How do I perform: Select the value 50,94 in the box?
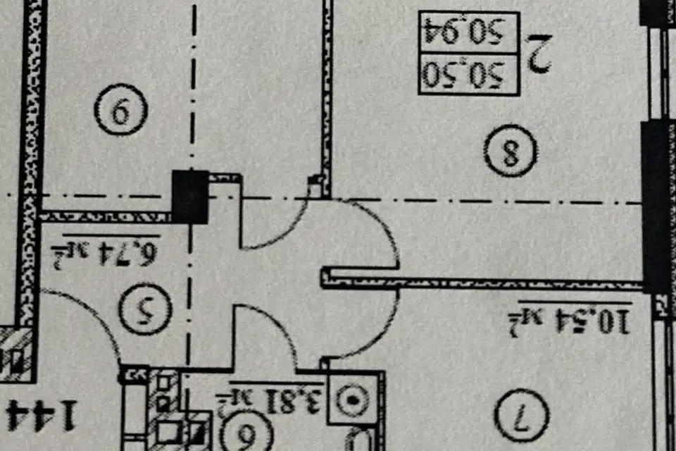point(468,31)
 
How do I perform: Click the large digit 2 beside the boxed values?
point(539,54)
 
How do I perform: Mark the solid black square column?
point(190,197)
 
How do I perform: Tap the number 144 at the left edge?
point(39,414)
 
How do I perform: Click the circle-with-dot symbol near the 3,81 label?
point(353,402)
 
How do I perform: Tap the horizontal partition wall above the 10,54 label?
point(486,283)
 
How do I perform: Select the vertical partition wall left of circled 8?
point(327,92)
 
